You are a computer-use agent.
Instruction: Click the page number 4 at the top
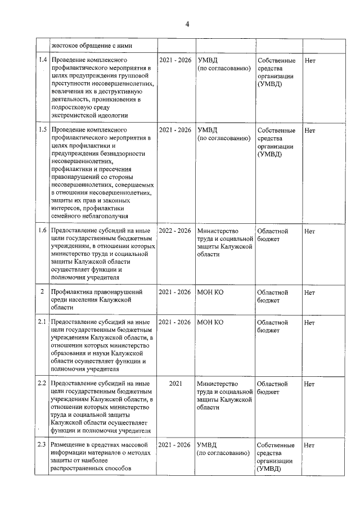[x=188, y=24]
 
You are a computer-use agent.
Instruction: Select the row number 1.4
[x=42, y=60]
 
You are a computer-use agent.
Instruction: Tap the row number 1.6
[x=42, y=231]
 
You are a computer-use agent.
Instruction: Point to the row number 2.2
[x=42, y=384]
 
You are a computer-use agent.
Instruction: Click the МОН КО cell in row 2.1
[x=210, y=322]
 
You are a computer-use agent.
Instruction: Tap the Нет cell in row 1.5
[x=309, y=130]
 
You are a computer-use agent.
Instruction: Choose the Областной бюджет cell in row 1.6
[x=273, y=235]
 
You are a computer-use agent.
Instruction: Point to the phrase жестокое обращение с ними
[x=91, y=46]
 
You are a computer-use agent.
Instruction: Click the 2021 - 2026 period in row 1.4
[x=175, y=60]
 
